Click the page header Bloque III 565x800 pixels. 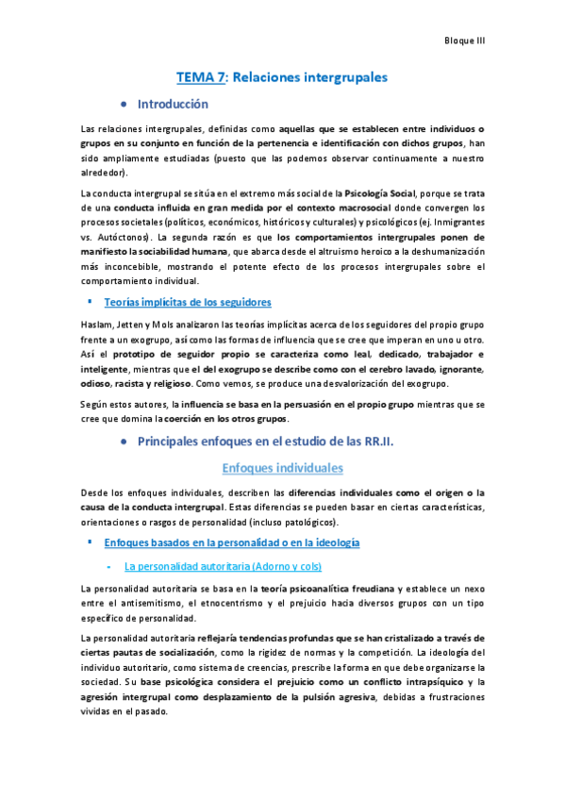click(x=464, y=41)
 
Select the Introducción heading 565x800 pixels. click(x=173, y=104)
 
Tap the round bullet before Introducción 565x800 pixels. click(x=124, y=104)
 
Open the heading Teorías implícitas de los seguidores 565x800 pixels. click(x=188, y=302)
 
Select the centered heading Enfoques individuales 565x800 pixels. click(x=282, y=468)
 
